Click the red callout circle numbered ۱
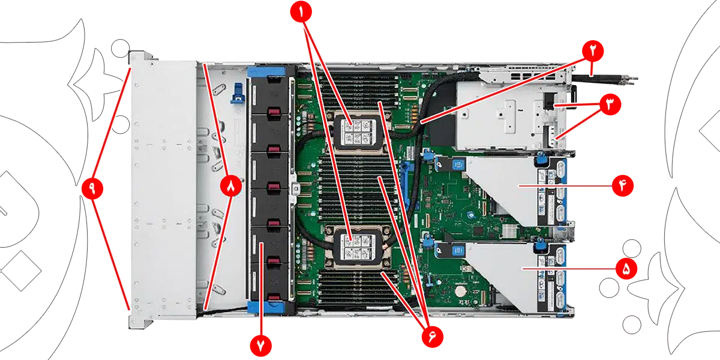[301, 11]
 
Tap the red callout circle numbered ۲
[593, 51]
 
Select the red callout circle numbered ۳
[610, 104]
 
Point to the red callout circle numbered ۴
[623, 186]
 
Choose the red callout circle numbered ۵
[626, 269]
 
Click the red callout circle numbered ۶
[433, 337]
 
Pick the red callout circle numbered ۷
[260, 346]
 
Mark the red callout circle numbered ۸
[231, 186]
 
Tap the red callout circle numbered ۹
[92, 188]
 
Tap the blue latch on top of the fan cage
[266, 71]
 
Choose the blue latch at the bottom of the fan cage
[266, 307]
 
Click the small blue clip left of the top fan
[238, 93]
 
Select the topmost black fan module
[271, 96]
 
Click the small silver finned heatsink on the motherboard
[509, 230]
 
